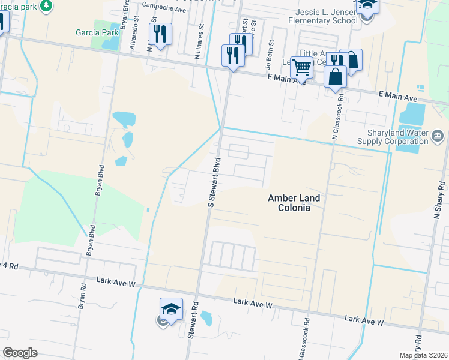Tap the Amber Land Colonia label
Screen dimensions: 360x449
[289, 203]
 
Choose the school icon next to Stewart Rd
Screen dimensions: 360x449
[171, 310]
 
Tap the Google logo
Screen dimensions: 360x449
[20, 353]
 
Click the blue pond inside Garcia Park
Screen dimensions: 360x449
[110, 41]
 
